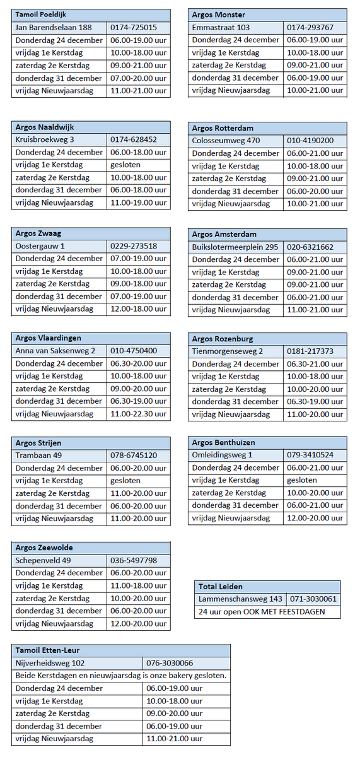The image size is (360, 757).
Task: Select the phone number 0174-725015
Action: click(x=134, y=28)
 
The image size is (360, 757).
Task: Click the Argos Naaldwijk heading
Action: click(x=45, y=127)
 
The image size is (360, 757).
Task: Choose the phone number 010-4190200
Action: click(x=310, y=141)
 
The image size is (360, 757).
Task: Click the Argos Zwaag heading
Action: click(x=38, y=233)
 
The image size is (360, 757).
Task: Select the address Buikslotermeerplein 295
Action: click(x=235, y=247)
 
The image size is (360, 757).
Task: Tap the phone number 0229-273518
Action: click(x=134, y=246)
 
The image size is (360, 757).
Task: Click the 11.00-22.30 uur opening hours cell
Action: click(x=139, y=414)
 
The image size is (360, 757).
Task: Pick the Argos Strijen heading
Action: click(x=38, y=443)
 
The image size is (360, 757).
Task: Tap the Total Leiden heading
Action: click(x=221, y=586)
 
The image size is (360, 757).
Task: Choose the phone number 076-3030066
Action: click(x=170, y=663)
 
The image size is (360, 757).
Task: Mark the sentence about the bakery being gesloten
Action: click(x=121, y=676)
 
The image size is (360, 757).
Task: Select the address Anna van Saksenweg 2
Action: click(x=55, y=351)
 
